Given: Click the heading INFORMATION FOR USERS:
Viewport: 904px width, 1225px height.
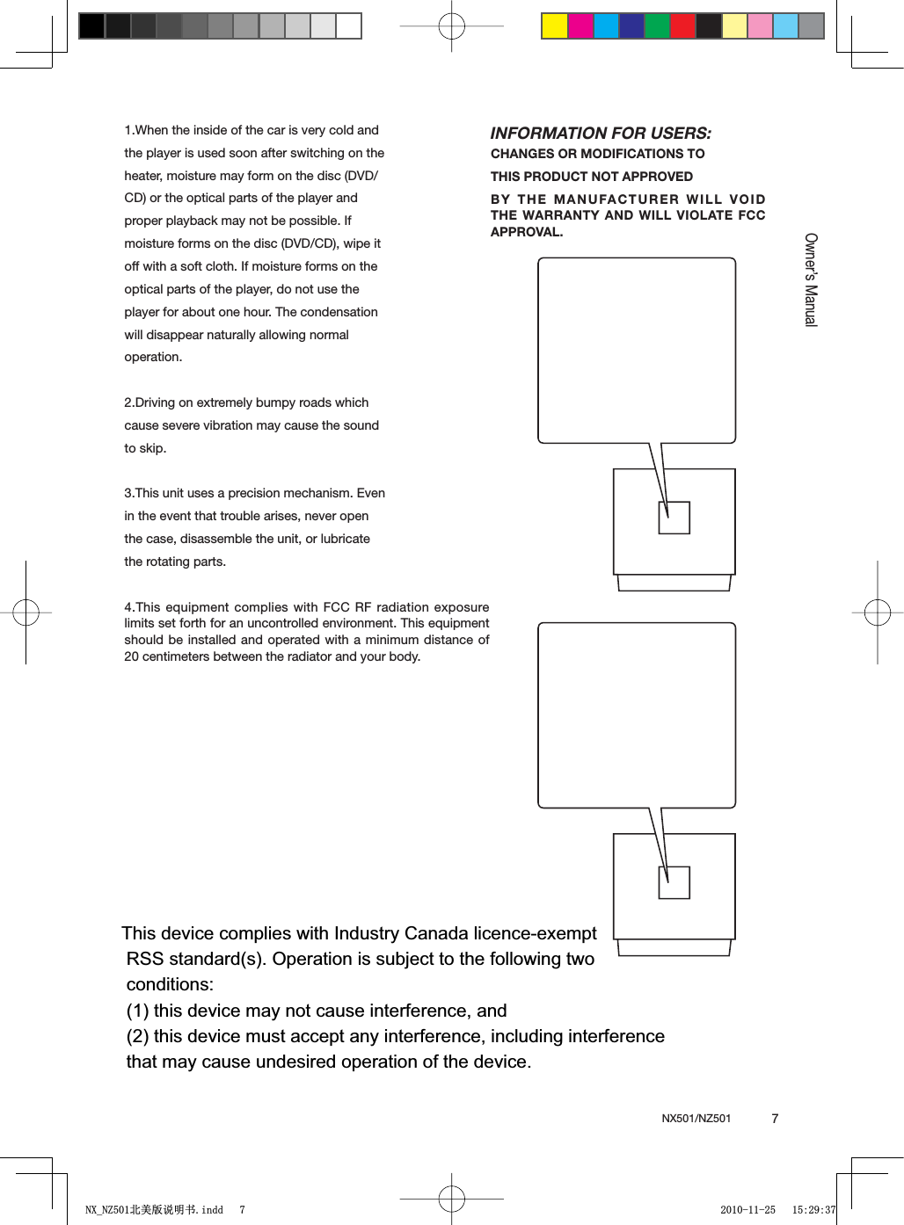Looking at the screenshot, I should (x=601, y=134).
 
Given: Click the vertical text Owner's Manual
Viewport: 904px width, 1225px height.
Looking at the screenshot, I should (x=811, y=279).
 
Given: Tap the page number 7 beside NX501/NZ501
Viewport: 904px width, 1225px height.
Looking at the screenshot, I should (x=775, y=1119).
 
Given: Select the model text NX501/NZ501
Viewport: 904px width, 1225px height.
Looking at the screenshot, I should (x=696, y=1119).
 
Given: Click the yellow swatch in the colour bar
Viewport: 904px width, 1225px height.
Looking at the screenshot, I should (x=555, y=26).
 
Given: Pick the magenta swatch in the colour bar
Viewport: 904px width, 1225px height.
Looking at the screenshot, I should (x=580, y=26).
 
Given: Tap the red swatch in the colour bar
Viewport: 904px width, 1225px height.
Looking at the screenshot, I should (x=682, y=26).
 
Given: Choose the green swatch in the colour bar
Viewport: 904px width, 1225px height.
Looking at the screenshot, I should (x=657, y=26).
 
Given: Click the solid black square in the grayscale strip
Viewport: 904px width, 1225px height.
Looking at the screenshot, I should (x=91, y=26).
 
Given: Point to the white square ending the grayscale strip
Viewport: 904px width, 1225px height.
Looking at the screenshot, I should (x=349, y=26).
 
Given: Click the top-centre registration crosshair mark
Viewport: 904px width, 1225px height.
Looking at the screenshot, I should (x=451, y=26).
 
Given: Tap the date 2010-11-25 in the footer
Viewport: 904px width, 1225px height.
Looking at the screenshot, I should (x=747, y=1210).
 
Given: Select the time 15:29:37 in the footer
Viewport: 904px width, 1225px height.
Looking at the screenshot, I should (x=813, y=1210).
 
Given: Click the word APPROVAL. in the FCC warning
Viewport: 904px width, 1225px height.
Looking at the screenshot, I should (x=526, y=232).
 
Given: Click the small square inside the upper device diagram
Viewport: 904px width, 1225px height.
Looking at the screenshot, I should (x=674, y=518).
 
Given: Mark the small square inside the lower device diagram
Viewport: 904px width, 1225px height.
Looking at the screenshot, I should (x=674, y=882).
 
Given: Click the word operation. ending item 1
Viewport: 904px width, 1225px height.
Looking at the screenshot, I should (x=153, y=357).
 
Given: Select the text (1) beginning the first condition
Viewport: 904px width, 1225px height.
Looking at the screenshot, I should (x=137, y=1011).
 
